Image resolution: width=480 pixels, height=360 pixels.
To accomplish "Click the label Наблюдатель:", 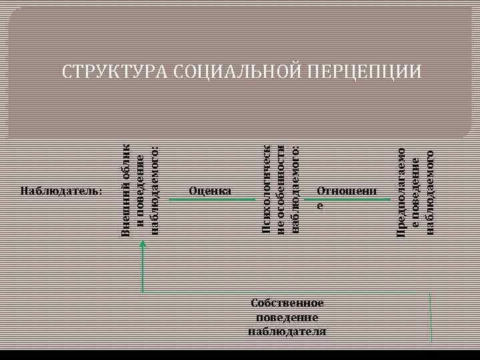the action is (x=61, y=191).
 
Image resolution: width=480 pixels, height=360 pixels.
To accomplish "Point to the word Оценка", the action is (x=210, y=191).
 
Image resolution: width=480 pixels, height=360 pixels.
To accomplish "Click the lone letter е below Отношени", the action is (x=320, y=206).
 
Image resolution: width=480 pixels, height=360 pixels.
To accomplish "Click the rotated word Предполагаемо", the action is (x=401, y=191).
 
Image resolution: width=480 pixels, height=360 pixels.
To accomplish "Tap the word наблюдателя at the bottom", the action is (x=287, y=331).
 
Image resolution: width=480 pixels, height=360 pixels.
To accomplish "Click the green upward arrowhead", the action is (x=141, y=245).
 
